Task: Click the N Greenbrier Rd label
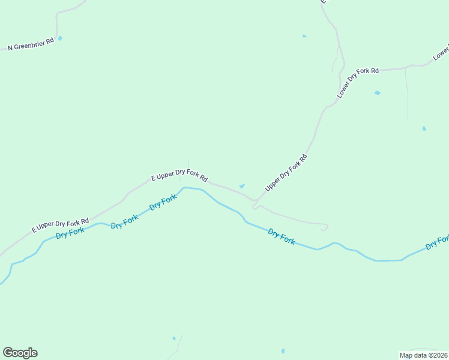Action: (31, 44)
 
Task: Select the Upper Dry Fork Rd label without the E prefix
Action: (286, 173)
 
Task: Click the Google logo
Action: (20, 353)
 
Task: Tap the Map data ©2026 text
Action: (423, 355)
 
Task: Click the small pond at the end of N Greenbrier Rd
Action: (59, 38)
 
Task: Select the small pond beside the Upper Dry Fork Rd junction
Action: (242, 186)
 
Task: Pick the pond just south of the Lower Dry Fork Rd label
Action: (377, 93)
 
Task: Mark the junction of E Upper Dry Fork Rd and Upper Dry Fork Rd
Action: (256, 200)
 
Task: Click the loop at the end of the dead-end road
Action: (324, 227)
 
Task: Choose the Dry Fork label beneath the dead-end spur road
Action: (281, 236)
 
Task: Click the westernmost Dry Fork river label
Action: (70, 233)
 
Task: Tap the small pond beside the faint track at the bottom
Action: (174, 338)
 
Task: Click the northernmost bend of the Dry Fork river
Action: (185, 187)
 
